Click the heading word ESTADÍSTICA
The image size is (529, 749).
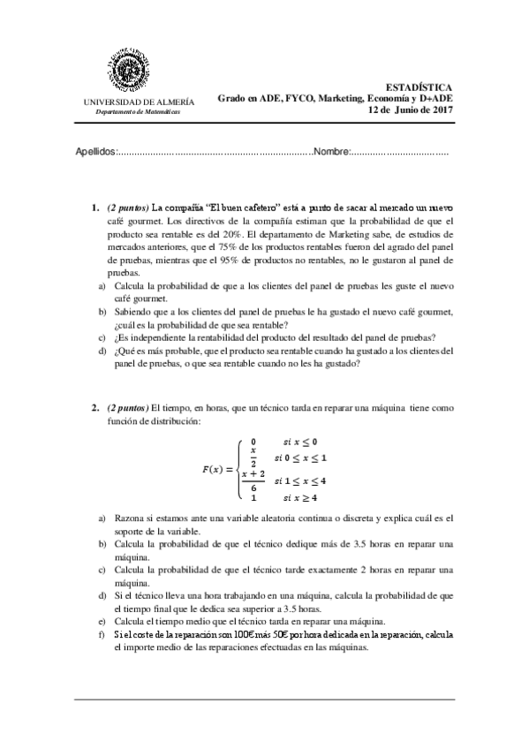click(419, 87)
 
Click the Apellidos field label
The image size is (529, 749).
click(96, 152)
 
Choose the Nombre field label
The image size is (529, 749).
click(331, 152)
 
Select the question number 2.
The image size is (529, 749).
click(94, 408)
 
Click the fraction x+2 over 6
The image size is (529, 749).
click(253, 481)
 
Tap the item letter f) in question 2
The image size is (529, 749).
click(102, 634)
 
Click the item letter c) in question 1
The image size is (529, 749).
click(102, 337)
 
